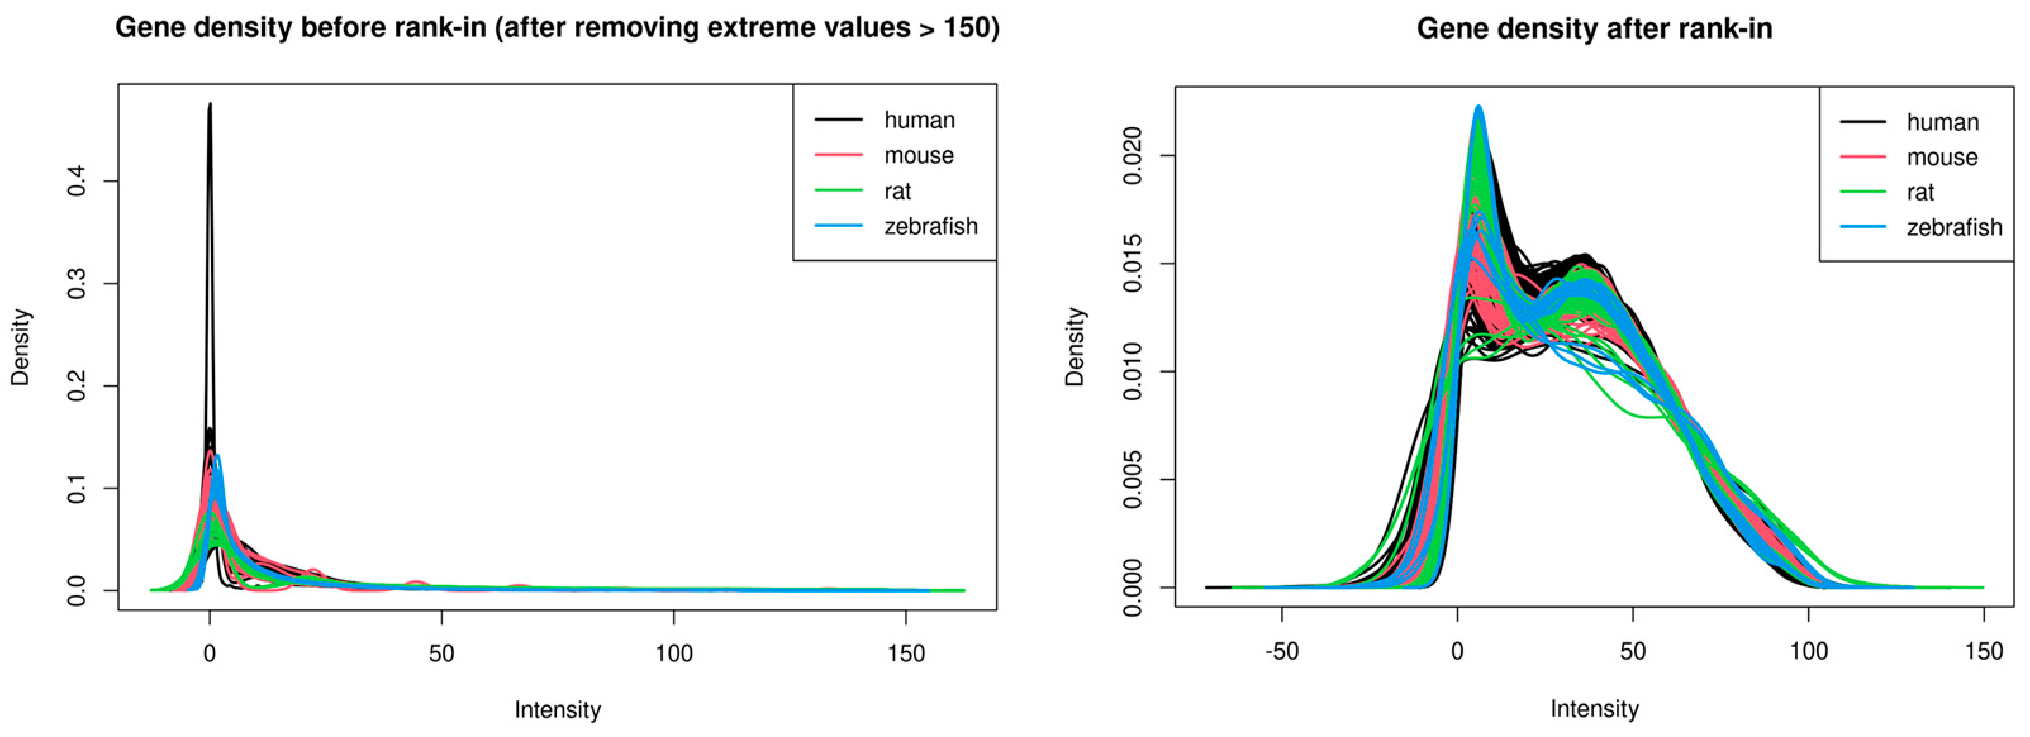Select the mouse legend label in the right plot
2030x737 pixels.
(x=1942, y=158)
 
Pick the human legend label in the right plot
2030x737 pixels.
(x=1943, y=123)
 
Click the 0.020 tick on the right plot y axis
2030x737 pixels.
(x=1132, y=156)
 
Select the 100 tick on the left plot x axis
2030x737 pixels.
(x=674, y=653)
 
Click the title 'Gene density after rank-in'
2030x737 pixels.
(x=1594, y=29)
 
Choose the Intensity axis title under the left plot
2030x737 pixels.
(x=557, y=710)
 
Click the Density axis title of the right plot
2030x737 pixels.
(x=1075, y=347)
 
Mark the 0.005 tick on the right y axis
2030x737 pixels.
(x=1132, y=480)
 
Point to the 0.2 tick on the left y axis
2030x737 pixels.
(x=77, y=386)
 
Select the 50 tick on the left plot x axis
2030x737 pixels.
(x=441, y=653)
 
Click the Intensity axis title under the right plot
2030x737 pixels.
(x=1594, y=709)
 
